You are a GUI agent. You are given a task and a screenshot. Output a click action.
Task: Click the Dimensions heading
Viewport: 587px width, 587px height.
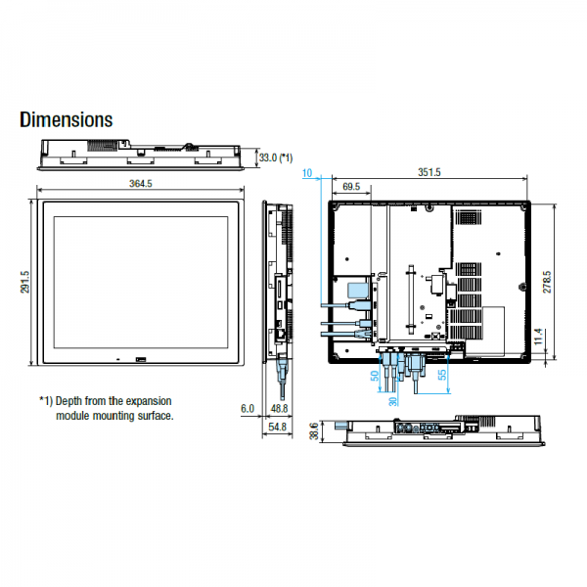point(67,119)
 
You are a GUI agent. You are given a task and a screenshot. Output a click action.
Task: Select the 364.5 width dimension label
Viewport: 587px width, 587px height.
point(141,184)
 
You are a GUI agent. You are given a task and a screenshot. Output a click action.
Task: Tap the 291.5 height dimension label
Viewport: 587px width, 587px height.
point(24,282)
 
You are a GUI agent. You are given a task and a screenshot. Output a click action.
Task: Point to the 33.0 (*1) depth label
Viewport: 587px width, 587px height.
point(276,158)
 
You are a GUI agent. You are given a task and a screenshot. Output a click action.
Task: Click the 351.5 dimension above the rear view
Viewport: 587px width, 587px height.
point(429,172)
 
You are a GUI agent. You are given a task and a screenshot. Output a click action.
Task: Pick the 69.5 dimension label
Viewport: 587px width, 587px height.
point(351,187)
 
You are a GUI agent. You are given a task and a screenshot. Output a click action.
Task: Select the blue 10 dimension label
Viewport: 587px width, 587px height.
point(307,173)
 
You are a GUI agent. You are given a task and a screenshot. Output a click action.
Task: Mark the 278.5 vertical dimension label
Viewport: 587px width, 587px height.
point(547,282)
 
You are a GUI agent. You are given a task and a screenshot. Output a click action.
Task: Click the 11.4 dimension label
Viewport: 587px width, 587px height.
point(538,337)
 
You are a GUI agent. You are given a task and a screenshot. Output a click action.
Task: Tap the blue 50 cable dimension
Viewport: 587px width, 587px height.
point(375,376)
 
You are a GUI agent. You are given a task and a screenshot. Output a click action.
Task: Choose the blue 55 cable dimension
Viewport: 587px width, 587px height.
point(442,375)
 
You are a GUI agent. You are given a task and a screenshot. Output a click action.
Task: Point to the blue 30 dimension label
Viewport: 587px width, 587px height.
point(392,402)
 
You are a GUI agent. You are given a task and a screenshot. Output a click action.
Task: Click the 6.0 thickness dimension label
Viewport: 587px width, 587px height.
point(248,408)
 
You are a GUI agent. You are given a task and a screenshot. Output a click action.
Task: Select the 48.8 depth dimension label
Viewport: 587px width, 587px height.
point(279,408)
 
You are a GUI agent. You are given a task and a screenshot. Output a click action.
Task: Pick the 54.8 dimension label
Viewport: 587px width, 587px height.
point(278,427)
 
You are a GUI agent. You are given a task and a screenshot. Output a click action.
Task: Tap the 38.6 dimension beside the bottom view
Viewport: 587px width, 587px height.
point(314,430)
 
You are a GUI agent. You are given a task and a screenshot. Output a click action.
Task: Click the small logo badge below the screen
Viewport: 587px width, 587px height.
point(141,360)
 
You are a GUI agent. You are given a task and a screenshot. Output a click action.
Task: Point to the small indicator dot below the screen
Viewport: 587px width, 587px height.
point(118,360)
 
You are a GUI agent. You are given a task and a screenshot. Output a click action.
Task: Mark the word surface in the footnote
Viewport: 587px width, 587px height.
point(156,416)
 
